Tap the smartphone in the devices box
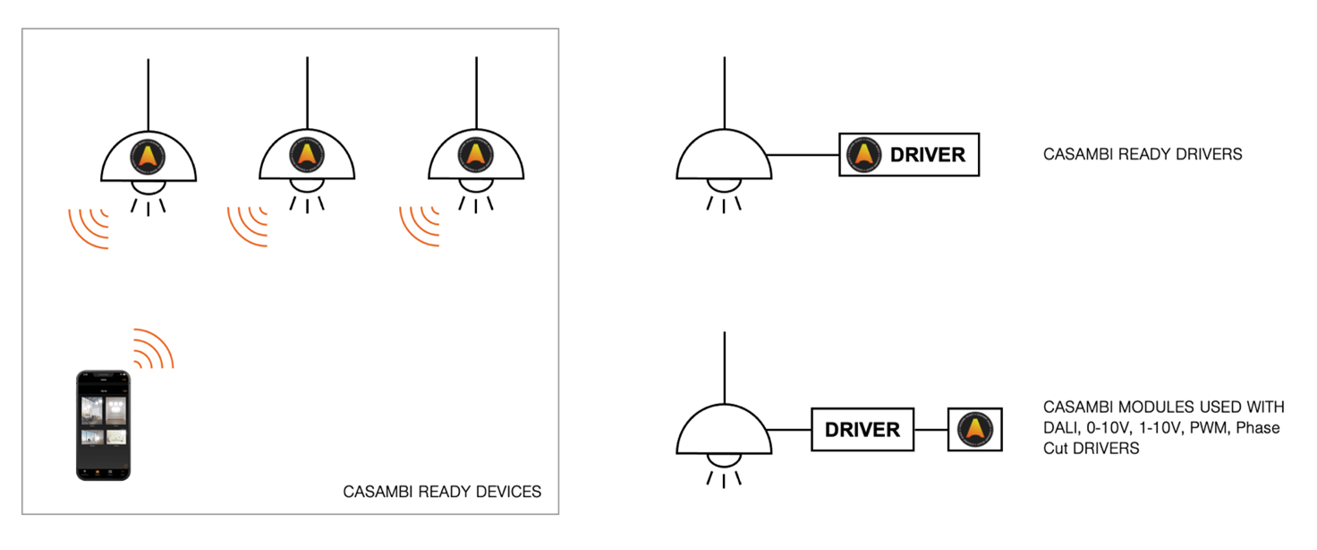(103, 425)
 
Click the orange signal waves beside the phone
(154, 348)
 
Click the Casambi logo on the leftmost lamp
(149, 155)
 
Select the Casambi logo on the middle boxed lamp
(307, 155)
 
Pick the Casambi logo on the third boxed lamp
(476, 155)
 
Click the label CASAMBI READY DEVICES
(442, 492)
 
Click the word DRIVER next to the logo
(928, 155)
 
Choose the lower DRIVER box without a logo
(862, 430)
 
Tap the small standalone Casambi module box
(974, 430)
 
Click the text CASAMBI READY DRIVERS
(1143, 154)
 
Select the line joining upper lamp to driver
(804, 155)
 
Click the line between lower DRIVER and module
(930, 430)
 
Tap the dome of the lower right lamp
(723, 431)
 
